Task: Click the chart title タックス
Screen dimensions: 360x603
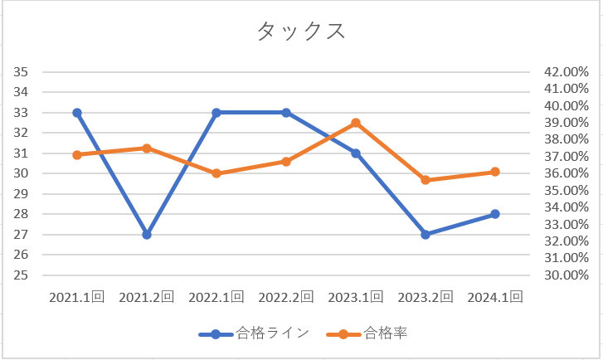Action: click(x=301, y=31)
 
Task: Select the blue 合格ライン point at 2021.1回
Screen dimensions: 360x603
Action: click(x=77, y=113)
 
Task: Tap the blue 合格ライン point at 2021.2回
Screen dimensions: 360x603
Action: click(x=147, y=235)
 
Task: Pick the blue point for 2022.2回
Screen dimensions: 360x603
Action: click(x=286, y=113)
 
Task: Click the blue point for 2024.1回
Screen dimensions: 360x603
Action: click(x=495, y=214)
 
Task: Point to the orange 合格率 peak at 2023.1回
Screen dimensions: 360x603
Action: click(x=356, y=123)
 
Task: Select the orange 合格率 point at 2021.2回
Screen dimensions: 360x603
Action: click(x=147, y=148)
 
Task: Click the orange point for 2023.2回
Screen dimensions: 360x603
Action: click(x=426, y=180)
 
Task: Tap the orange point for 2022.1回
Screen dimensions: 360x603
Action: click(x=216, y=173)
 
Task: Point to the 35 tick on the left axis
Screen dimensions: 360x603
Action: click(x=22, y=72)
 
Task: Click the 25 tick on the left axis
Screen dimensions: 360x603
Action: click(x=22, y=275)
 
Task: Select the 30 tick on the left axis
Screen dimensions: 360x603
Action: click(x=22, y=173)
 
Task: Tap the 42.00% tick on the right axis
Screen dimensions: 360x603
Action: click(x=567, y=72)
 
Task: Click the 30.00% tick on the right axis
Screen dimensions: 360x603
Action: click(x=567, y=275)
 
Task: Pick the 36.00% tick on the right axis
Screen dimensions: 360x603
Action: click(x=567, y=173)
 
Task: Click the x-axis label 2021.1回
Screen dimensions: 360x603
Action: click(x=77, y=297)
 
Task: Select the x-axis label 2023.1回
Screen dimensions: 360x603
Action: click(x=356, y=297)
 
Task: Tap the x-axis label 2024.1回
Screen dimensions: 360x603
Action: click(x=495, y=297)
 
